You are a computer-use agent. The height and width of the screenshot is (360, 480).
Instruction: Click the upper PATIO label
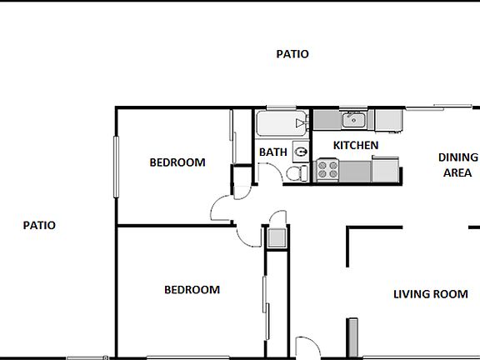(x=292, y=54)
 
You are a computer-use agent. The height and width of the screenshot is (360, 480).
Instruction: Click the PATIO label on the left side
(x=39, y=225)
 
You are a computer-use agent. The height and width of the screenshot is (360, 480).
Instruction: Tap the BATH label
(x=272, y=152)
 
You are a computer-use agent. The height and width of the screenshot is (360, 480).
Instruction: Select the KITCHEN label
(x=356, y=145)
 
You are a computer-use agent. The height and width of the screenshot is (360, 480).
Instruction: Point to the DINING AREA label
(x=457, y=165)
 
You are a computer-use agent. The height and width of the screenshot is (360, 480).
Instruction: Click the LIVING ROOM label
(x=431, y=294)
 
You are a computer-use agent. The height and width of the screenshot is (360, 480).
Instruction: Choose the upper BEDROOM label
(x=177, y=162)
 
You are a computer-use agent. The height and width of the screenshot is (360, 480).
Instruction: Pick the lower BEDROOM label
(x=192, y=290)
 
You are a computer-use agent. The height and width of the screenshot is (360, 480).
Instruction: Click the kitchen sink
(x=354, y=121)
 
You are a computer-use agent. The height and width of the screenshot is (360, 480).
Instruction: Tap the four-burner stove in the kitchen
(x=327, y=171)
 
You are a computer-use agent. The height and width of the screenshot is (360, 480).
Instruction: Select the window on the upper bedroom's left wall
(x=116, y=166)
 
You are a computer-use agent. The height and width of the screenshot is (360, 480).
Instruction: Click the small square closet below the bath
(x=276, y=237)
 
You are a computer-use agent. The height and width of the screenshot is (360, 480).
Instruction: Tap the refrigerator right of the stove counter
(x=385, y=169)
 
